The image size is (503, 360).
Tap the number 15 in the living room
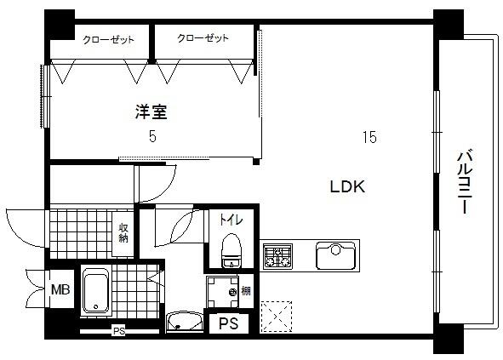coord(369,137)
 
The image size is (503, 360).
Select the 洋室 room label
coord(150,111)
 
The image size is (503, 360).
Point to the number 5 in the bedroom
coord(152,136)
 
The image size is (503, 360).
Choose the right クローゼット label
coord(203,39)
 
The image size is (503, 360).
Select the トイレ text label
coord(231,220)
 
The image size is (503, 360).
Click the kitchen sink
coord(334,254)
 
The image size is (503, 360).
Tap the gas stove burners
coord(276,254)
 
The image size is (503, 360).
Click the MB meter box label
coord(60,290)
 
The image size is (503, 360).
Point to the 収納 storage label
coord(123,232)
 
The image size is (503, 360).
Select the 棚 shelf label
coord(245,292)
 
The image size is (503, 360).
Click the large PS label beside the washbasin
coord(228,323)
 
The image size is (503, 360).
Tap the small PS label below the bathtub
coord(118,331)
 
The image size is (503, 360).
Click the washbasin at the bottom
coord(184,322)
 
